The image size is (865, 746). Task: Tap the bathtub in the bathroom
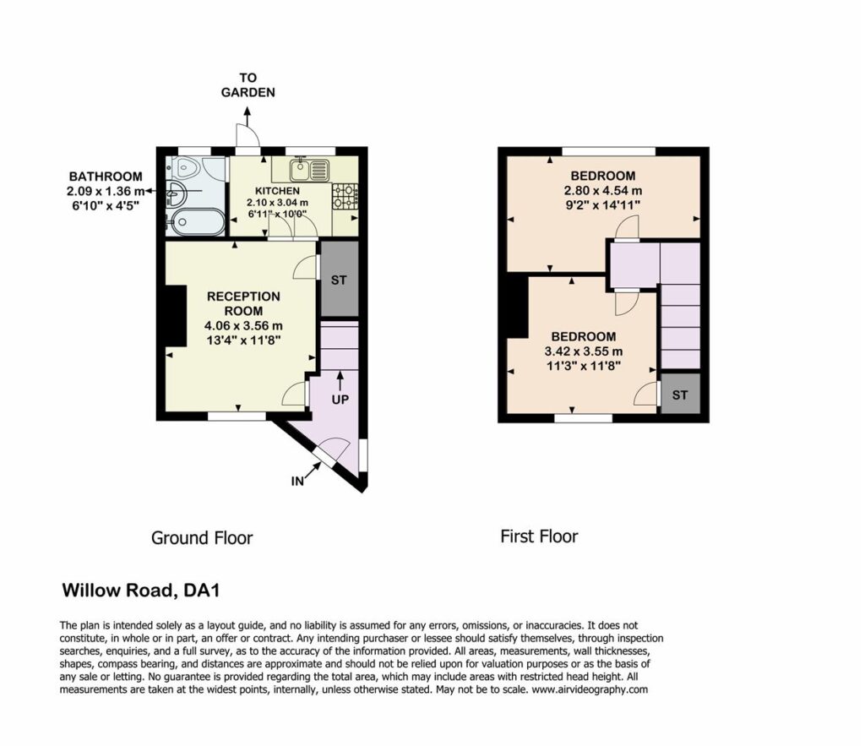[x=195, y=222]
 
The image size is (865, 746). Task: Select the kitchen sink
[x=310, y=169]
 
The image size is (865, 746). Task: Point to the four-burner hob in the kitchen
[x=345, y=197]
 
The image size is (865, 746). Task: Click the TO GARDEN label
[x=248, y=85]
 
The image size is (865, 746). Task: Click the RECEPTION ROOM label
[x=243, y=303]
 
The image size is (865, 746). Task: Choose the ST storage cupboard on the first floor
[x=680, y=394]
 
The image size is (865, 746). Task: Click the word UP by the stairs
[x=340, y=399]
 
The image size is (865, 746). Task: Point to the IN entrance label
[x=297, y=482]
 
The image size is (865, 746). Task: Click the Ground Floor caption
[x=202, y=538]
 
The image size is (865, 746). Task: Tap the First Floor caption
[x=539, y=536]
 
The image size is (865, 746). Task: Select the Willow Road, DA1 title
[x=141, y=591]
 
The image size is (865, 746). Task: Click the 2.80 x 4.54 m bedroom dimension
[x=603, y=191]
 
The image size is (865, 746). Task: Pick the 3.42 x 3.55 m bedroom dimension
[x=584, y=351]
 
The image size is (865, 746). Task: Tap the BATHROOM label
[x=106, y=177]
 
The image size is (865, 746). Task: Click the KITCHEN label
[x=277, y=191]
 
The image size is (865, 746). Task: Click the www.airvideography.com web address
[x=590, y=689]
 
